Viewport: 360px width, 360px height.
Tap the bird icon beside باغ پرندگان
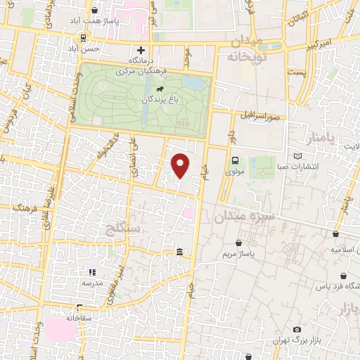(161, 89)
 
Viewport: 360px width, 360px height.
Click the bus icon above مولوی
(235, 160)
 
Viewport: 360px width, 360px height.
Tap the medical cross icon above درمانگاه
(141, 50)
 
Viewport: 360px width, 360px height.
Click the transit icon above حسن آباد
(84, 39)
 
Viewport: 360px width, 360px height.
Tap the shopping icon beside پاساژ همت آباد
(94, 11)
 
